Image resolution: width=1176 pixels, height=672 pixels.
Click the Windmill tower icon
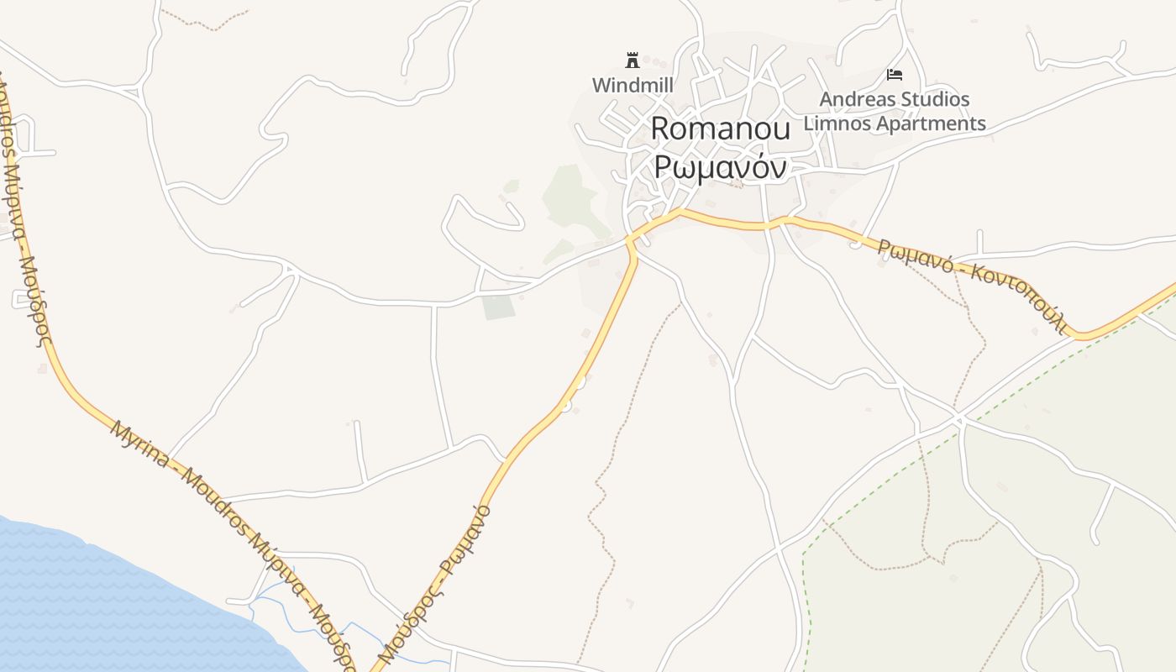click(x=633, y=60)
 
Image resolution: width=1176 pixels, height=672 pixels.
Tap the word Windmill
click(x=633, y=85)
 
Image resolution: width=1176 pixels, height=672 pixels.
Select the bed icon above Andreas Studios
click(x=895, y=75)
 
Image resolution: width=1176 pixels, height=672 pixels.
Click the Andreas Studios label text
click(x=895, y=99)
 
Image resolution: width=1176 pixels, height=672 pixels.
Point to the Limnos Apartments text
click(x=895, y=123)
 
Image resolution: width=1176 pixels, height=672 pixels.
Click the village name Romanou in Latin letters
click(x=721, y=129)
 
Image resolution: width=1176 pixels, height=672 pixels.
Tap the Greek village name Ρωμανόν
click(x=721, y=166)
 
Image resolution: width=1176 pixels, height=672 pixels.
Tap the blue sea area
click(x=101, y=605)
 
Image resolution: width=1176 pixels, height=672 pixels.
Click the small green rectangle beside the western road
click(x=498, y=307)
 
